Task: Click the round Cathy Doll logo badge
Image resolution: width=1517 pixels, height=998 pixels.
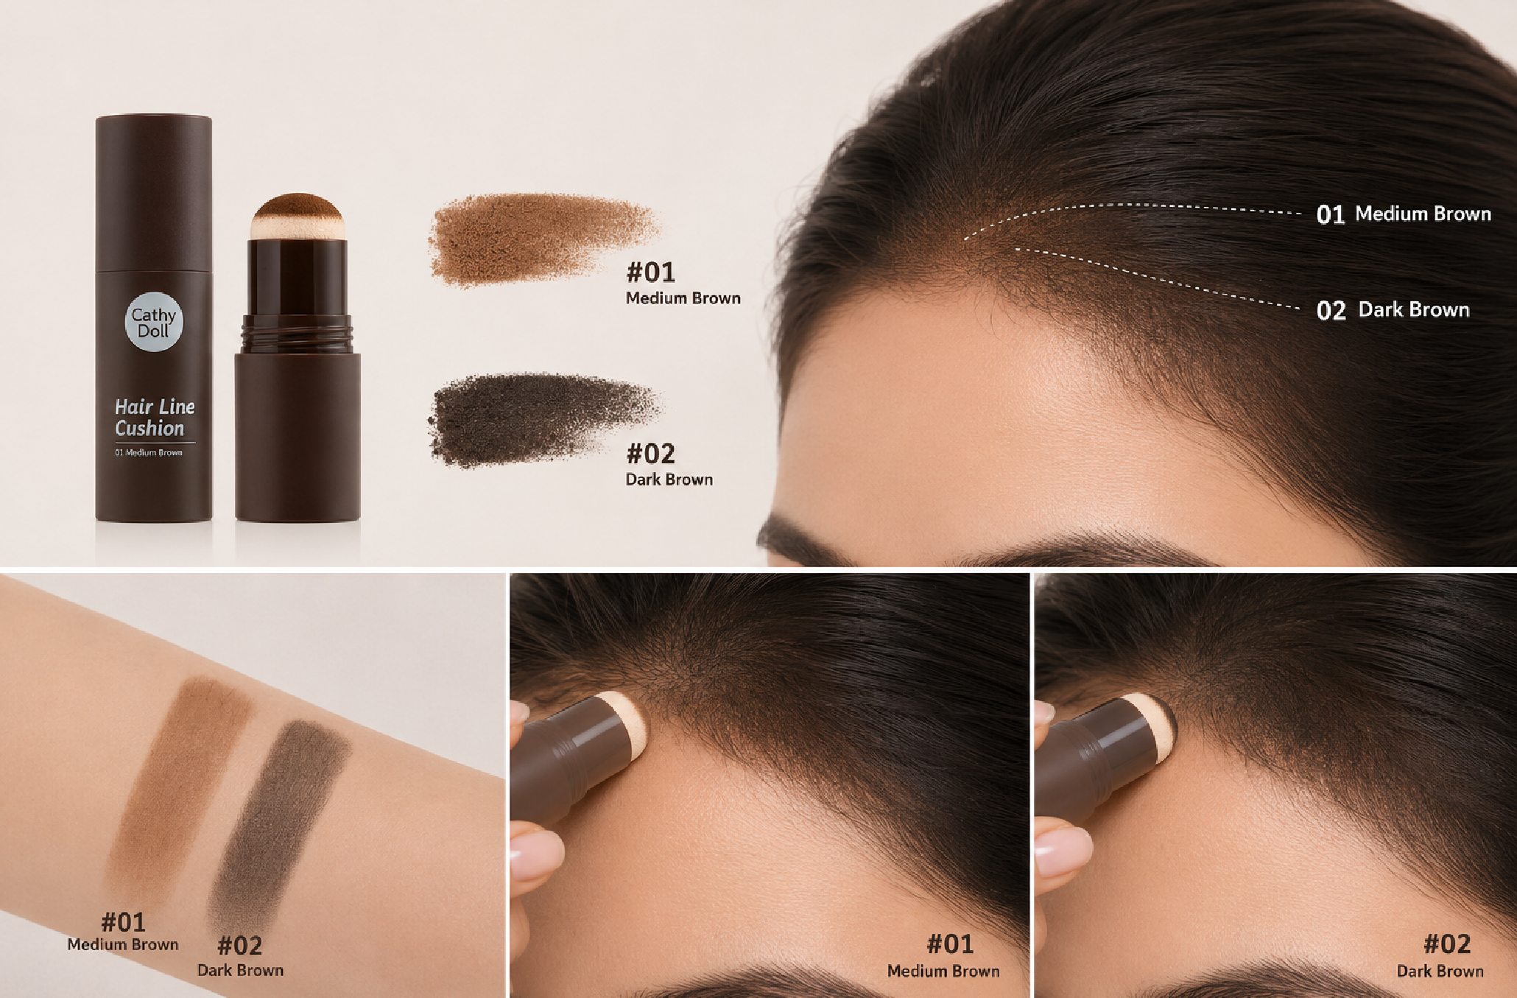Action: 154,322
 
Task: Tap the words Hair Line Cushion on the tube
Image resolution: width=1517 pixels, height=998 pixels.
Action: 155,418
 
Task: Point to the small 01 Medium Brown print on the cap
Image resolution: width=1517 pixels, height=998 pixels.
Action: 149,452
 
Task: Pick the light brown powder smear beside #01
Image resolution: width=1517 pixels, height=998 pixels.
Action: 543,238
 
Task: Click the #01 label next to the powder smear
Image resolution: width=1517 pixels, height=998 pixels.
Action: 651,273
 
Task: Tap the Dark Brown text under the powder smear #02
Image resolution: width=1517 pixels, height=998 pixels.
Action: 669,479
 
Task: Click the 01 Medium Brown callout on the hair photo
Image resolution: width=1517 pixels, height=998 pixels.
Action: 1404,214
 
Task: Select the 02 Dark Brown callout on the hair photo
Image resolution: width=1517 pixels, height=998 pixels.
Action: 1393,310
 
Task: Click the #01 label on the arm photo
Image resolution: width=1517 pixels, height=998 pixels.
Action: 123,922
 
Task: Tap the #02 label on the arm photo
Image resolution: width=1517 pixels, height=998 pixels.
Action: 240,946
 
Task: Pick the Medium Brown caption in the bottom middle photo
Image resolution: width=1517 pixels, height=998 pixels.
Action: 943,971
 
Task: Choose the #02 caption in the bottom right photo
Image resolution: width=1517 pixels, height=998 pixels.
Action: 1447,943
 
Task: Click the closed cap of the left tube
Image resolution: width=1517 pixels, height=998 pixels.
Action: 154,192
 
